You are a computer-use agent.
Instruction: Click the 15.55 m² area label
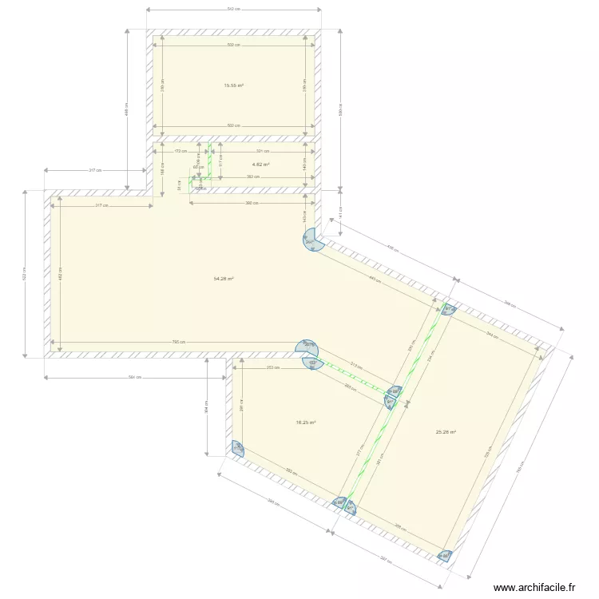pyautogui.click(x=233, y=85)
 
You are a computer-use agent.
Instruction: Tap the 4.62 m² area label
pyautogui.click(x=261, y=165)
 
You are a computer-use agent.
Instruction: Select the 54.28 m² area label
pyautogui.click(x=223, y=279)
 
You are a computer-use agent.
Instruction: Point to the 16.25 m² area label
pyautogui.click(x=306, y=423)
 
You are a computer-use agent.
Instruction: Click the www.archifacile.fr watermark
pyautogui.click(x=534, y=587)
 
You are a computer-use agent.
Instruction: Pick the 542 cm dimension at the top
pyautogui.click(x=233, y=10)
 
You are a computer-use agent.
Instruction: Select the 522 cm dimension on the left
pyautogui.click(x=26, y=273)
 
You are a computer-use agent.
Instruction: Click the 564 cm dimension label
pyautogui.click(x=135, y=377)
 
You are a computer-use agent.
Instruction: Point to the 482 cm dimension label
pyautogui.click(x=61, y=274)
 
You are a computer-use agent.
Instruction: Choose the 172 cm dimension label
pyautogui.click(x=180, y=151)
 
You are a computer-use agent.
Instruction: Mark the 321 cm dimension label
pyautogui.click(x=262, y=151)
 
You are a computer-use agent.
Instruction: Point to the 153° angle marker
pyautogui.click(x=312, y=363)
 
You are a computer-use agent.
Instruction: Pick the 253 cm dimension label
pyautogui.click(x=272, y=368)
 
